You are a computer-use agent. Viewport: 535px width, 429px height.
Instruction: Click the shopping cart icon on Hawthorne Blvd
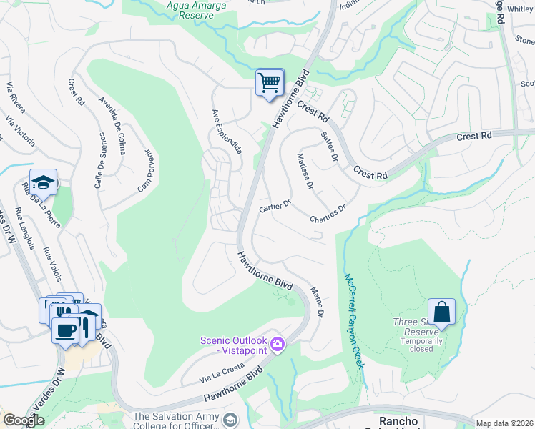click(x=270, y=83)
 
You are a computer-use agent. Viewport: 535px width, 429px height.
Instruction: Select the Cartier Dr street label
click(x=274, y=206)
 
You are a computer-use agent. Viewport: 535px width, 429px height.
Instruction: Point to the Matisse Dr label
click(x=305, y=172)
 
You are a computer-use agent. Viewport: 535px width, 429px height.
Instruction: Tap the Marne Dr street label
click(x=318, y=302)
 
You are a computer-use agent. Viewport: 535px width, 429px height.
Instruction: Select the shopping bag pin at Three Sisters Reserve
click(x=441, y=312)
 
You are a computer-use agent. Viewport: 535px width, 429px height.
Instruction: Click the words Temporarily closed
click(x=421, y=345)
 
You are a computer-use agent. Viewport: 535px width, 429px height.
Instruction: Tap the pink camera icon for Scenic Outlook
click(x=278, y=346)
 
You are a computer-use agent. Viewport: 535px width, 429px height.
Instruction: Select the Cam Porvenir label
click(x=146, y=172)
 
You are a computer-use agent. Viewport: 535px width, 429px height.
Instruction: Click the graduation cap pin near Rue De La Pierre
click(x=43, y=182)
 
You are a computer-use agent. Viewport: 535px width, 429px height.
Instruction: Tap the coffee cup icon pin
click(x=65, y=331)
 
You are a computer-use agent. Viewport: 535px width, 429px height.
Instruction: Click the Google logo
click(x=24, y=420)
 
